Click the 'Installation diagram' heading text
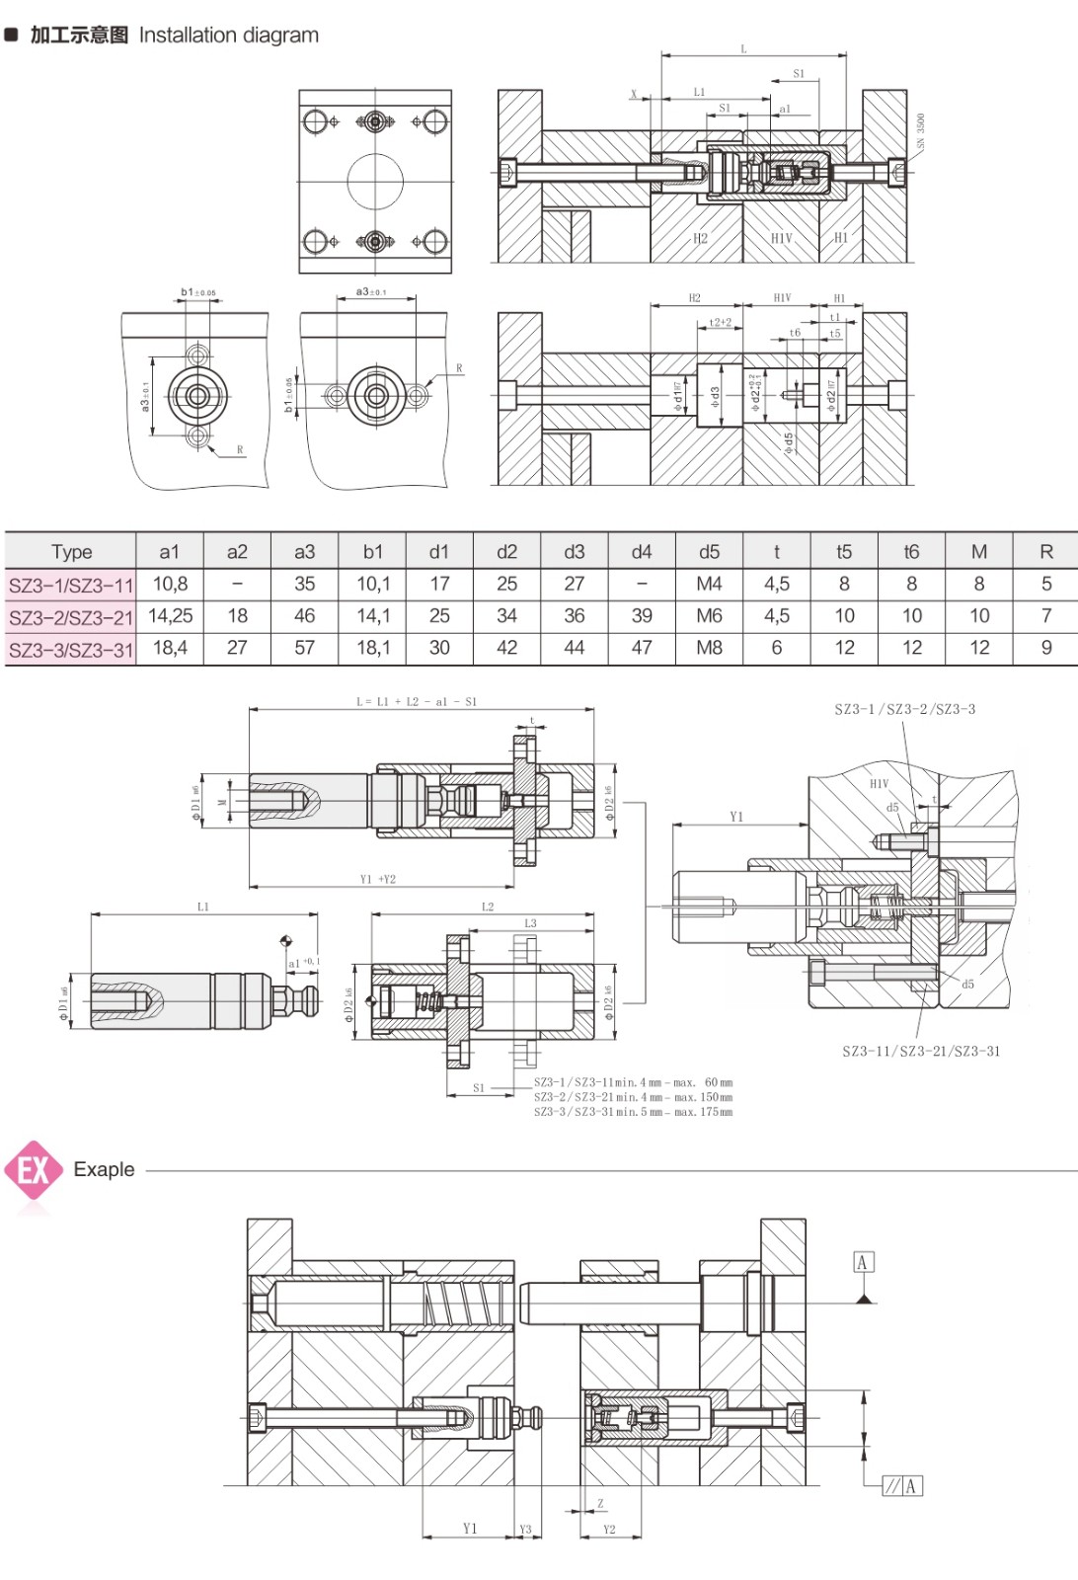(228, 36)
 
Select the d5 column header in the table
(709, 552)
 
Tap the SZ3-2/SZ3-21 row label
(71, 617)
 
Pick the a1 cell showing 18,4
(170, 648)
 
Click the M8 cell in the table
(709, 648)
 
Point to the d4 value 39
(642, 616)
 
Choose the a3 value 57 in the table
(304, 648)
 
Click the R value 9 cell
(1046, 648)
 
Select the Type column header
(71, 552)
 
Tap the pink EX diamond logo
(34, 1170)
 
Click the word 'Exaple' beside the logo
(104, 1169)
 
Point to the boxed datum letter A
(863, 1262)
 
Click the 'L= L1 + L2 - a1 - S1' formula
(417, 702)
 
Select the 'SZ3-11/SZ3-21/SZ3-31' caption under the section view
(921, 1052)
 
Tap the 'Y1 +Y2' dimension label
(378, 879)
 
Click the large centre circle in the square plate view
(375, 182)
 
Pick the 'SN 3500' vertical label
(921, 130)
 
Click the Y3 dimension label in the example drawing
(525, 1530)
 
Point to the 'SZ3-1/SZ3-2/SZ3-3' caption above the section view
(904, 709)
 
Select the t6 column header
(911, 552)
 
